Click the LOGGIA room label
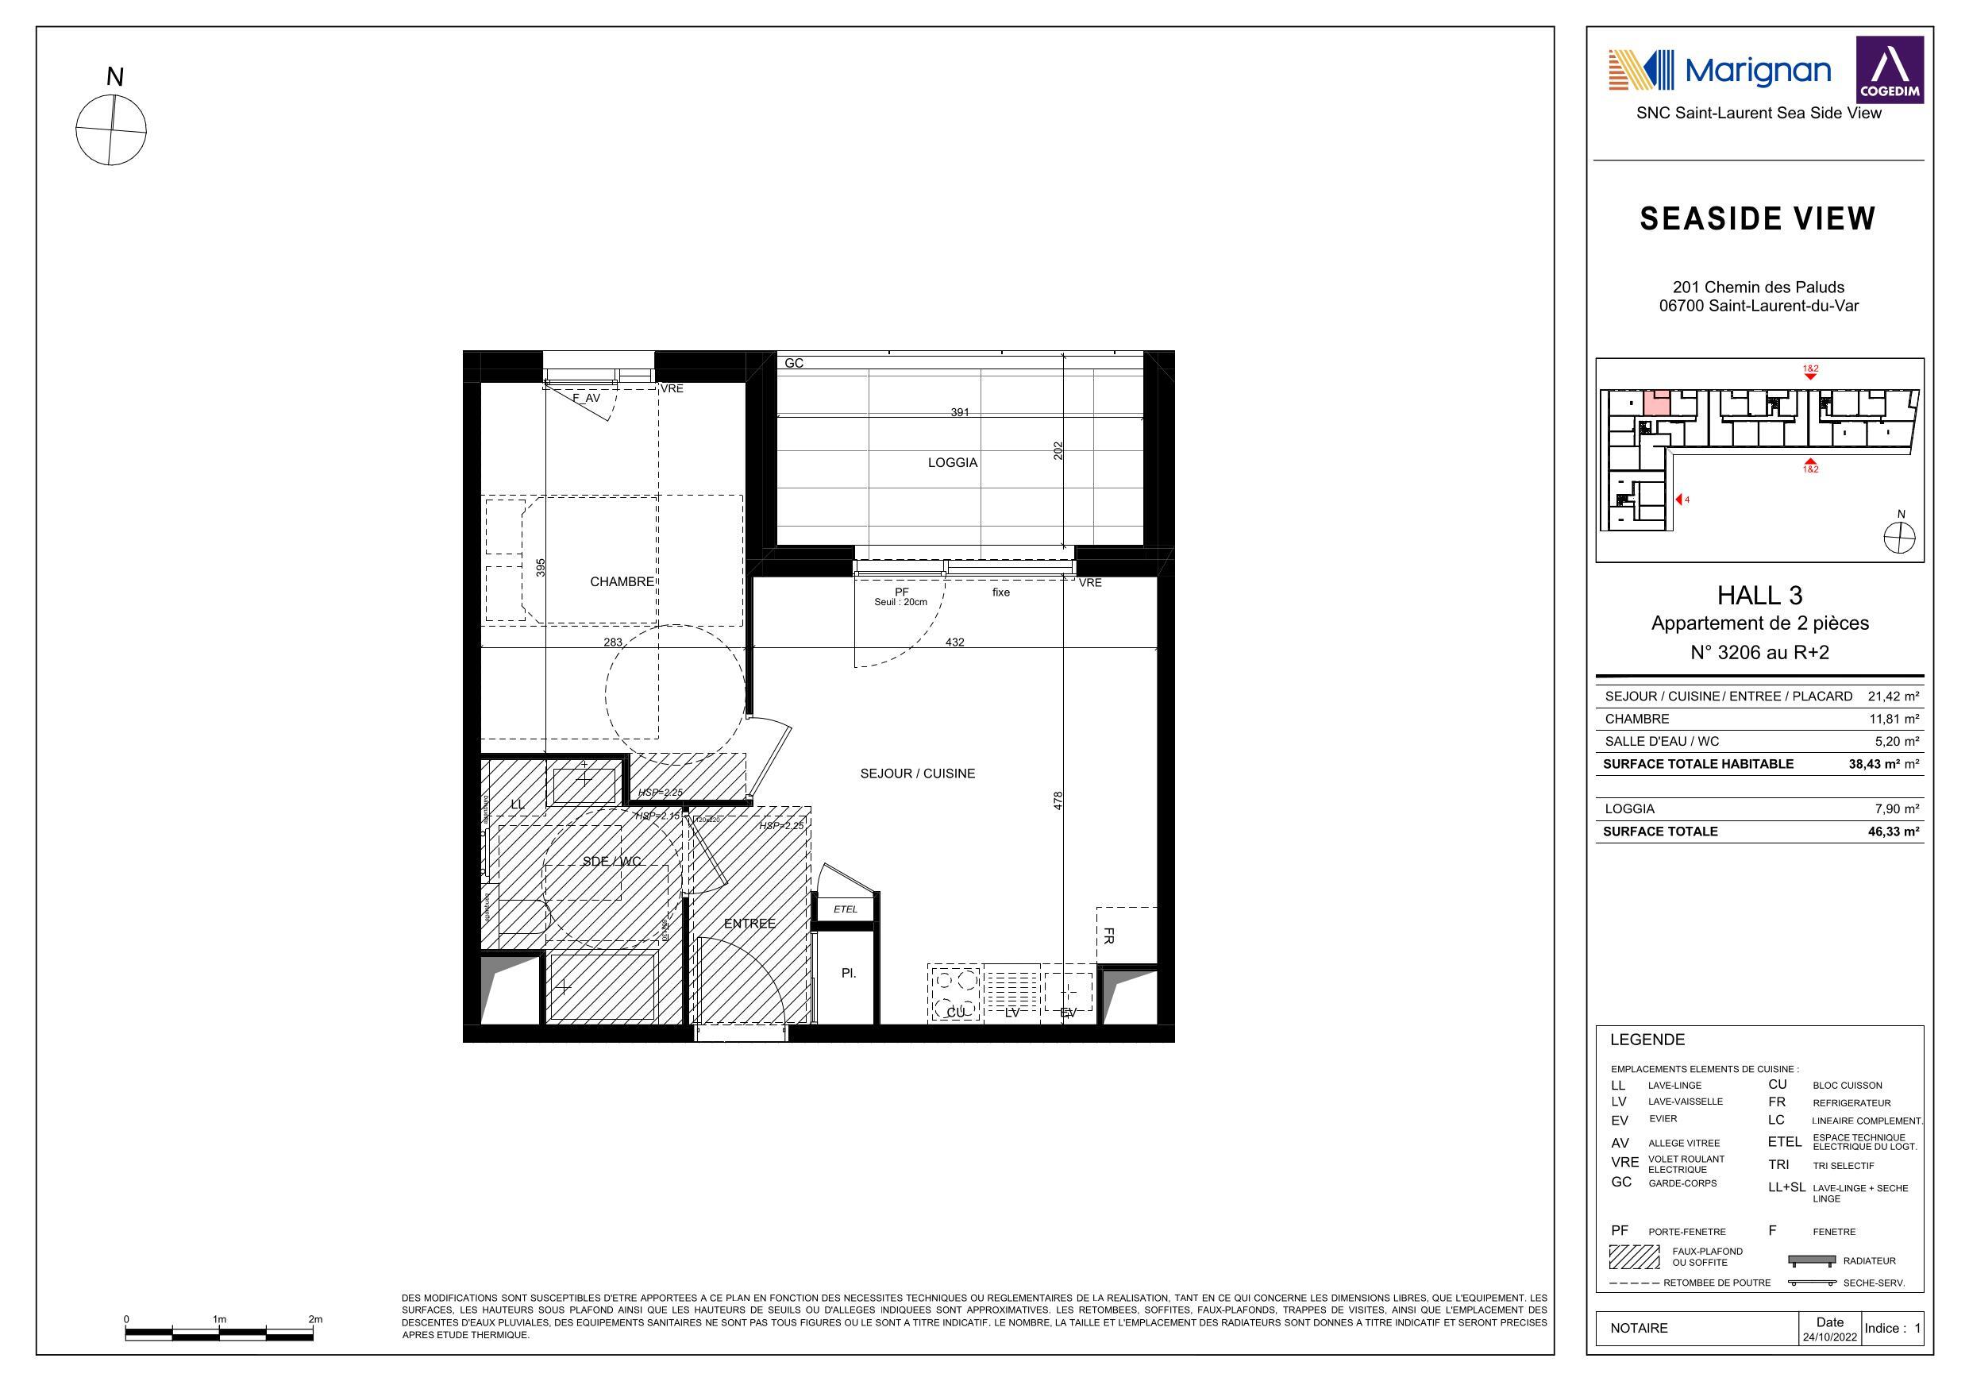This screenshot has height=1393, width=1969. pyautogui.click(x=952, y=462)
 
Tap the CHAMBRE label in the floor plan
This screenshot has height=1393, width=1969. pyautogui.click(x=622, y=581)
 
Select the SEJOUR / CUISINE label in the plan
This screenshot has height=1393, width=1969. pyautogui.click(x=917, y=774)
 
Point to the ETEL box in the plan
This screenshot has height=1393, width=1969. pyautogui.click(x=846, y=909)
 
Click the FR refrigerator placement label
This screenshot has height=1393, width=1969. pyautogui.click(x=1108, y=936)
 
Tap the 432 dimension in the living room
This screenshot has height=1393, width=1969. pyautogui.click(x=954, y=642)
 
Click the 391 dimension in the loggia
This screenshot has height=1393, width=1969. pyautogui.click(x=960, y=413)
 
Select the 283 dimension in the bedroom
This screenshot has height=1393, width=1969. pyautogui.click(x=613, y=642)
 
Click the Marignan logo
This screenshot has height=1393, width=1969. pyautogui.click(x=1719, y=71)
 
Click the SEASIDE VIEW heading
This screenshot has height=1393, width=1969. pyautogui.click(x=1757, y=219)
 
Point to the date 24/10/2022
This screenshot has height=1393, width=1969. pyautogui.click(x=1829, y=1337)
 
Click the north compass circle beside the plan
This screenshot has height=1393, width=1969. pyautogui.click(x=111, y=130)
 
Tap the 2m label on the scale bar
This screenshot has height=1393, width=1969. pyautogui.click(x=314, y=1319)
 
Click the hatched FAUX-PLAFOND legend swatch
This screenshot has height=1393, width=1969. pyautogui.click(x=1634, y=1257)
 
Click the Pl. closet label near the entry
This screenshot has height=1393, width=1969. pyautogui.click(x=848, y=974)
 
